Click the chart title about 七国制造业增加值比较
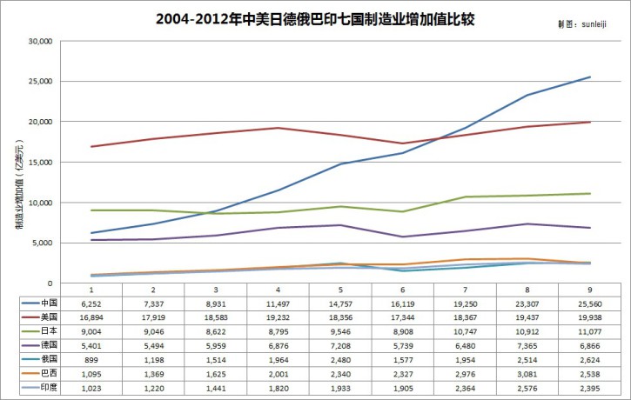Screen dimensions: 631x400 (315, 19)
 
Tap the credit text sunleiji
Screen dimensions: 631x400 (594, 24)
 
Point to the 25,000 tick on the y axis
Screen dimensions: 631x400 (41, 81)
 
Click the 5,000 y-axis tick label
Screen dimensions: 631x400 (43, 243)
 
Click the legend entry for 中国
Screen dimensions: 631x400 (39, 303)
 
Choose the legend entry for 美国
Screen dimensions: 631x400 (39, 317)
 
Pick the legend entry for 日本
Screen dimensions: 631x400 (39, 330)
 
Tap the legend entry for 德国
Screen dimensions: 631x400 (39, 345)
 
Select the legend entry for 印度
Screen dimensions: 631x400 (39, 388)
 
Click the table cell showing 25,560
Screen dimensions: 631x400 (589, 304)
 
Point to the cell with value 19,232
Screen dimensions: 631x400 (278, 317)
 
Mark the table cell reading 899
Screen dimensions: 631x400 (91, 360)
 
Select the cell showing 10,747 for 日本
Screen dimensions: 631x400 (466, 331)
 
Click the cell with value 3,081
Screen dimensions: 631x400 (527, 374)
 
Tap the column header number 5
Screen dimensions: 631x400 (340, 290)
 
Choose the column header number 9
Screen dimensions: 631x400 (589, 290)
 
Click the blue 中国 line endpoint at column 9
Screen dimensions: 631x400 (590, 77)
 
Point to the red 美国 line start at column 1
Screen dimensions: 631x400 (91, 146)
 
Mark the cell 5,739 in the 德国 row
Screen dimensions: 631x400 (403, 346)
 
